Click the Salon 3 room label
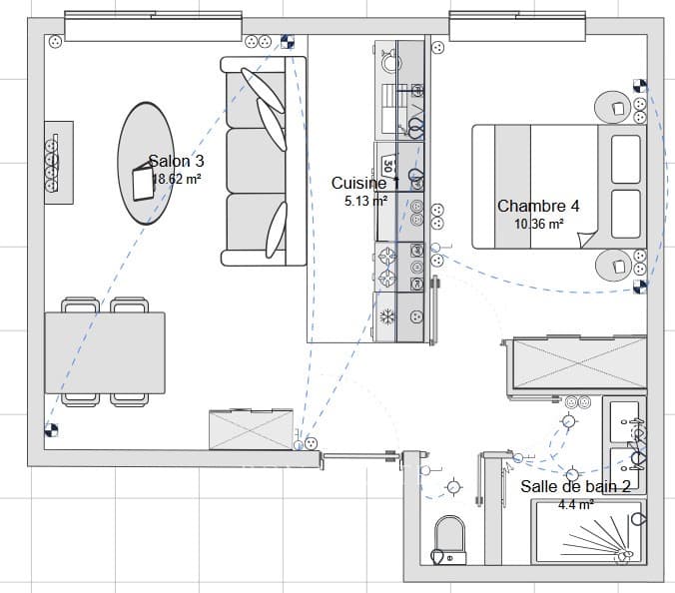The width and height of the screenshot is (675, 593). tap(177, 161)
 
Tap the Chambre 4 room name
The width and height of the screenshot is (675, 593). tap(538, 207)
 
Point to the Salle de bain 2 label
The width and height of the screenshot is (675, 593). tap(575, 486)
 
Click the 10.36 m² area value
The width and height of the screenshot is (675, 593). tap(539, 224)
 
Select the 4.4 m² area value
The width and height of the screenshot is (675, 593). tap(575, 504)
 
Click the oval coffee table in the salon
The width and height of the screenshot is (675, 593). tap(152, 165)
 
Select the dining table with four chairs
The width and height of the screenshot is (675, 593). tap(104, 351)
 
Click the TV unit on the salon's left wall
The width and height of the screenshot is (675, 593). tap(58, 162)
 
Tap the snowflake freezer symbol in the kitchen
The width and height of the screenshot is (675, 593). tap(386, 317)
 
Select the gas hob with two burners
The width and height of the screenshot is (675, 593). tap(386, 267)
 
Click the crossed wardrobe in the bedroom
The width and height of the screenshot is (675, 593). tap(576, 363)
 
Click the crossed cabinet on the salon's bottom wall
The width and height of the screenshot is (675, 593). tap(251, 429)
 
